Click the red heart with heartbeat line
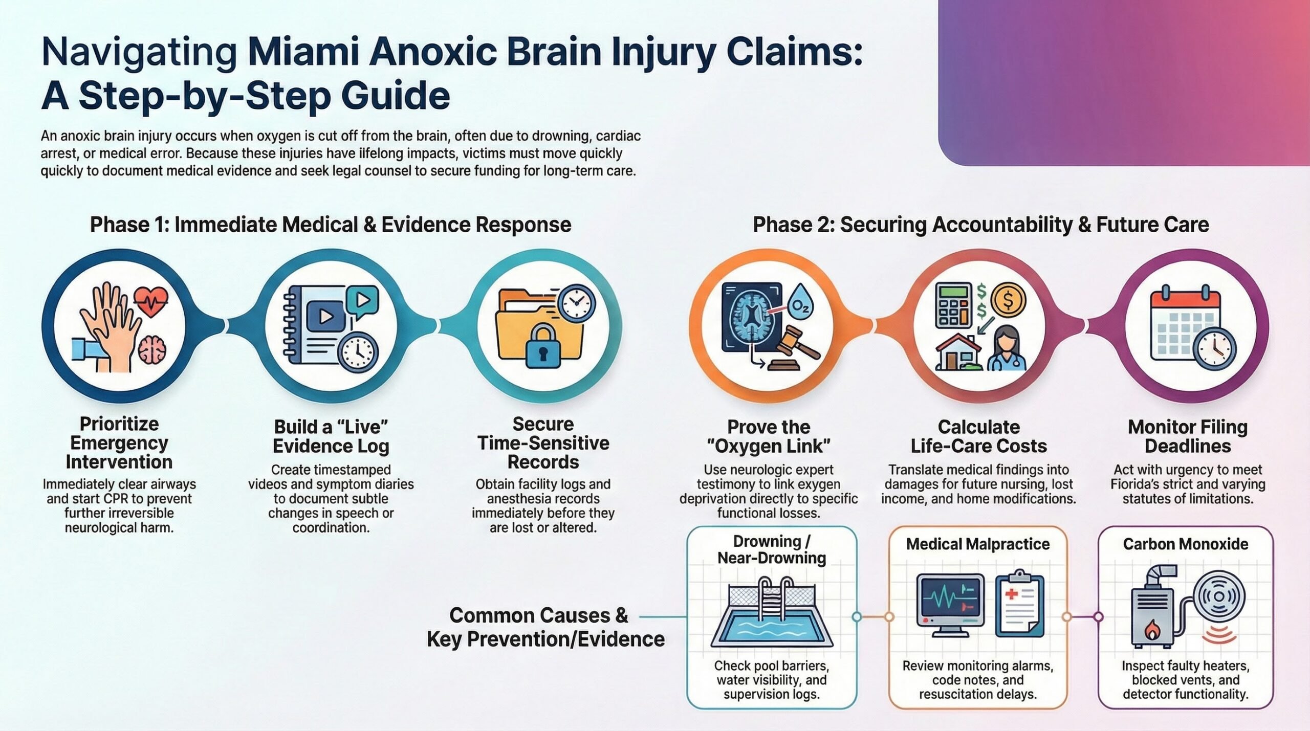151,301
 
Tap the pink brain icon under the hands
152,350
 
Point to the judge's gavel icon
795,344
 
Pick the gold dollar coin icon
1008,301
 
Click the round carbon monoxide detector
1219,596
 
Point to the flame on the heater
1151,631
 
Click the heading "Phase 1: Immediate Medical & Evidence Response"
331,225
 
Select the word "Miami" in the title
302,52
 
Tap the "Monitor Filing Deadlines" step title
1188,436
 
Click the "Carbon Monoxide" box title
1185,544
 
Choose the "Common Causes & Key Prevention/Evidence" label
545,627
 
